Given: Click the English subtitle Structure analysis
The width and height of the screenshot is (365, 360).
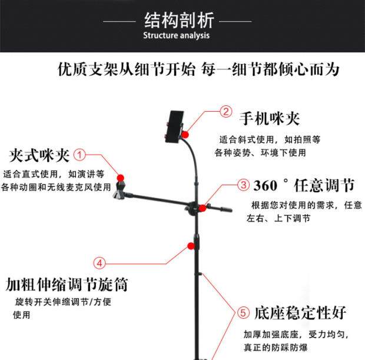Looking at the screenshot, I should point(177,36).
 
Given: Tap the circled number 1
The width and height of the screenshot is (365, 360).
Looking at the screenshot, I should point(80,155).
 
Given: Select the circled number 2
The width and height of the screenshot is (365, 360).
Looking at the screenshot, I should point(225,111).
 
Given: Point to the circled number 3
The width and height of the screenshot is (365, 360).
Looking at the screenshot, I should point(243,185).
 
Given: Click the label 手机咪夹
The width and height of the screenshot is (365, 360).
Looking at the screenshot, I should point(268,119).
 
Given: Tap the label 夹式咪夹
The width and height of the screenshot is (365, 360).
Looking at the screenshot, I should point(39,156).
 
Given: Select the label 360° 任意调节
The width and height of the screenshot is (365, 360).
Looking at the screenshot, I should point(303,186).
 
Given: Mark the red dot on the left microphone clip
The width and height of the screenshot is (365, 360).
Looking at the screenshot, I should point(121,178).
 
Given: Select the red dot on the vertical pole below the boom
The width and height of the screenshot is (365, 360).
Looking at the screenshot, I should point(191,244).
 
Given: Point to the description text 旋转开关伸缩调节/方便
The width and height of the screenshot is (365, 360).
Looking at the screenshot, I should point(62,302).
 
